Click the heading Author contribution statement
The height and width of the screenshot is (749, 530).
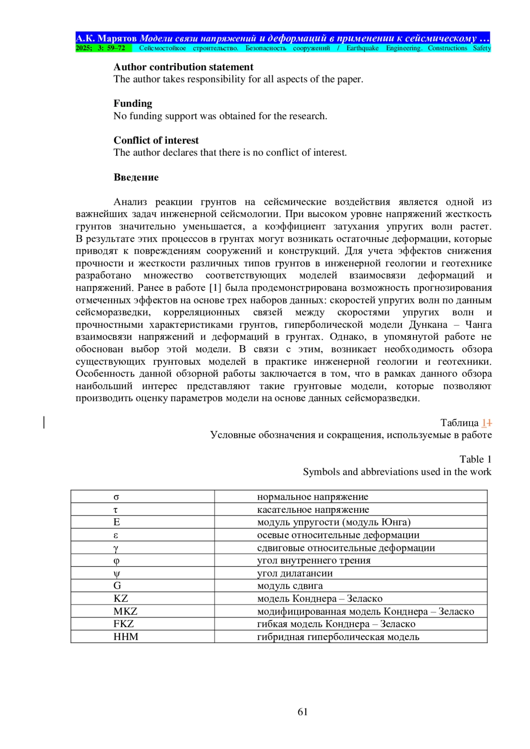click(x=183, y=67)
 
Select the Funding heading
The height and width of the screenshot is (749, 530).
click(x=132, y=104)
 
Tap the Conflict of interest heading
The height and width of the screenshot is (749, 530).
click(x=156, y=140)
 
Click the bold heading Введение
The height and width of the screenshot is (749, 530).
click(x=136, y=177)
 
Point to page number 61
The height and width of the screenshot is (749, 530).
click(x=303, y=711)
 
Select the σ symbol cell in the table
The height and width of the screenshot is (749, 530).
click(x=117, y=497)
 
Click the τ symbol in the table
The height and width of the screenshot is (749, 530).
click(x=116, y=510)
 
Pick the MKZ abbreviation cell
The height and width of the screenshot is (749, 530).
click(x=125, y=611)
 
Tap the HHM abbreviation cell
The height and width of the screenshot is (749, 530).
click(x=126, y=637)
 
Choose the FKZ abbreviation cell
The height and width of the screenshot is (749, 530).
click(x=124, y=624)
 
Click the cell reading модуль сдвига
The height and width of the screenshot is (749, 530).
click(x=290, y=586)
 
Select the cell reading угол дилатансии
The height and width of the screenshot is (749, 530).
click(x=295, y=573)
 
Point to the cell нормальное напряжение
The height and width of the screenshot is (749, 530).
click(x=312, y=497)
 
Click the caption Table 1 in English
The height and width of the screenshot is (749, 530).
click(x=475, y=459)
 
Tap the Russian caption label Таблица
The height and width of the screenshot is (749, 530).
click(x=459, y=423)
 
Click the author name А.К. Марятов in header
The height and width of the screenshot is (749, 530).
click(x=106, y=38)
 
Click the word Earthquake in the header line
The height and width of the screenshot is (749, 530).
click(x=362, y=48)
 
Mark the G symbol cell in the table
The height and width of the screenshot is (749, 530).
click(x=117, y=586)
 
